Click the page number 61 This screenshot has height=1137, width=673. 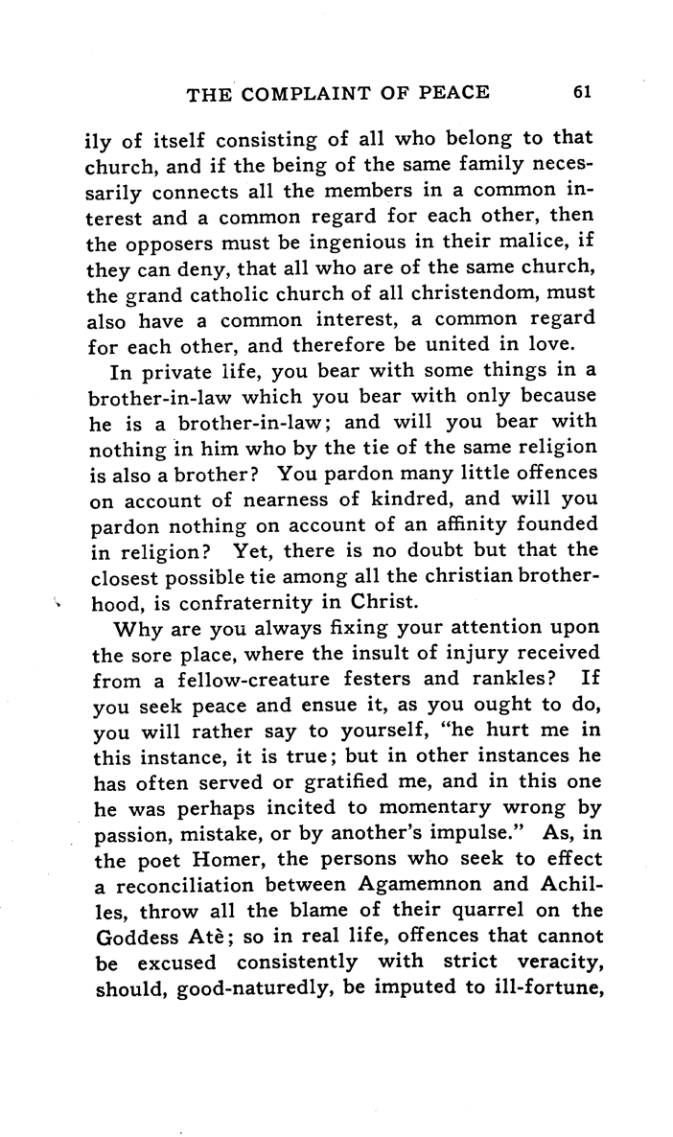tap(582, 93)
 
